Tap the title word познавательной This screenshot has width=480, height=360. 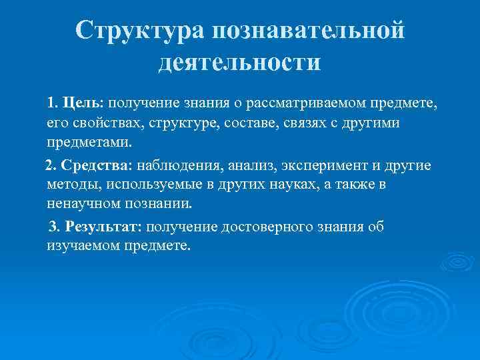[x=308, y=31]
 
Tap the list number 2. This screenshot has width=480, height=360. [x=49, y=165]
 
